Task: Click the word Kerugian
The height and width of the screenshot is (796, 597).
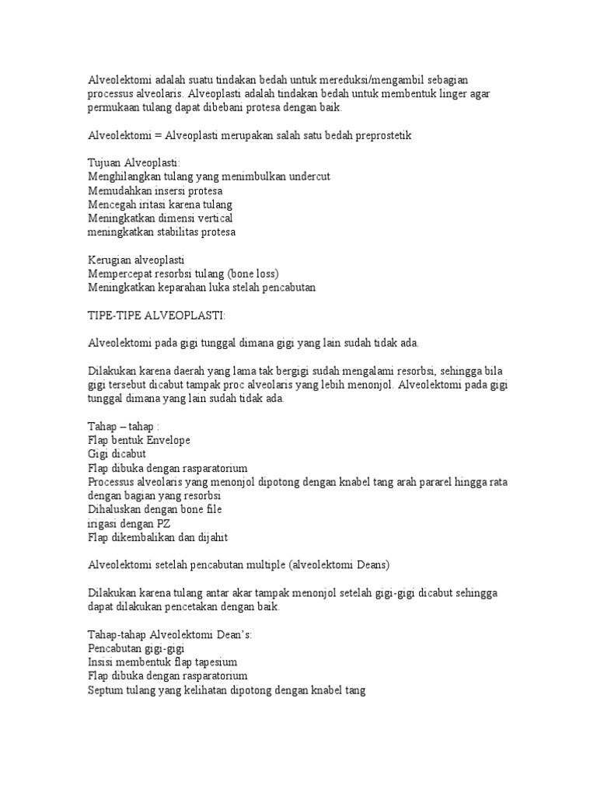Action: click(111, 260)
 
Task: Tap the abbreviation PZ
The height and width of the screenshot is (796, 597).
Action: click(164, 523)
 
